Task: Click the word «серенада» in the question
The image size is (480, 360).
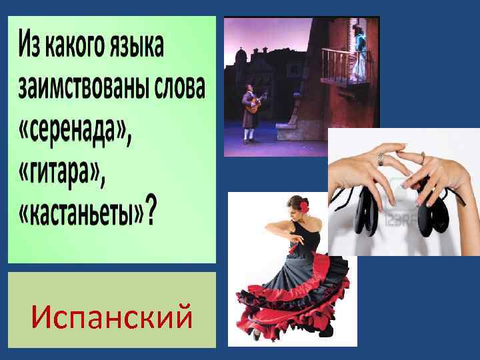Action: click(75, 131)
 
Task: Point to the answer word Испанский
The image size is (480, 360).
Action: click(112, 316)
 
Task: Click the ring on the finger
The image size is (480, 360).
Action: click(381, 159)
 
